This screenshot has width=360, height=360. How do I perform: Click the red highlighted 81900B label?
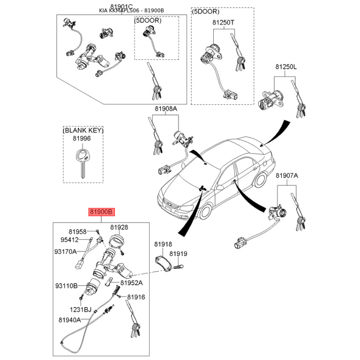click(102, 212)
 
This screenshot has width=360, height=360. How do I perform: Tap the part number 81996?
click(82, 139)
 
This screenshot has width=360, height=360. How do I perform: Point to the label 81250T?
click(223, 22)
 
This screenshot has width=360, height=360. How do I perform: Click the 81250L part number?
click(286, 67)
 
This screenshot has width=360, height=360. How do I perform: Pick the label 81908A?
click(166, 108)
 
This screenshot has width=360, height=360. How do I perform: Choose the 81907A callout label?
click(287, 175)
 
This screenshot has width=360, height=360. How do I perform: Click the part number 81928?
click(119, 227)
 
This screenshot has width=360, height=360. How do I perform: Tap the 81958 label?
click(77, 232)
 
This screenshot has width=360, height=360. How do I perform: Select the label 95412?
click(70, 240)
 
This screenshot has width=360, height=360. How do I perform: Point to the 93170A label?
click(65, 252)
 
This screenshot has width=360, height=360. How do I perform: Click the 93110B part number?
click(66, 286)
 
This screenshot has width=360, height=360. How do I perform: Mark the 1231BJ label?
click(81, 310)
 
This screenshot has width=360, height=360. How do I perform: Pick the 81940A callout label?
click(70, 320)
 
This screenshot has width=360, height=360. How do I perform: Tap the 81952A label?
click(131, 283)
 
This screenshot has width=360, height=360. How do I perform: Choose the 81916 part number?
click(136, 297)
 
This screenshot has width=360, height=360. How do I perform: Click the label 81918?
click(163, 244)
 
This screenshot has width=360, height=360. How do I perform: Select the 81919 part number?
click(178, 254)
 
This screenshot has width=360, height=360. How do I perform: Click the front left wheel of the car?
click(205, 211)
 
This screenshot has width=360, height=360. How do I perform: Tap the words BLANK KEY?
click(83, 130)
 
